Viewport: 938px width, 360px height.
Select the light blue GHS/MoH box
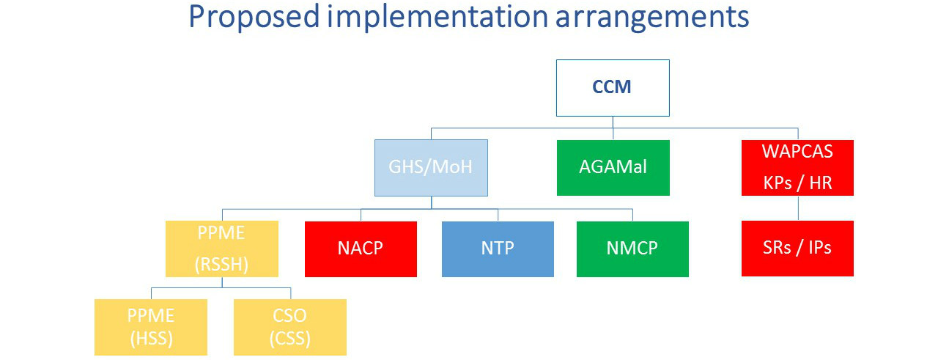click(x=431, y=168)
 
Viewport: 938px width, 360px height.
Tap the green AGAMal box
click(x=613, y=168)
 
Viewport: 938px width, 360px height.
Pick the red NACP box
click(x=361, y=249)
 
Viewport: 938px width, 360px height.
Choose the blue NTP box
click(x=498, y=249)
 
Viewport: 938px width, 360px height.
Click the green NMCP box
click(x=632, y=249)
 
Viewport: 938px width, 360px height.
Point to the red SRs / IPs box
click(x=797, y=249)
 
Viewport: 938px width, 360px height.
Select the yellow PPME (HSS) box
click(x=151, y=327)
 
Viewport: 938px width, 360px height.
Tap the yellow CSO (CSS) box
click(x=290, y=327)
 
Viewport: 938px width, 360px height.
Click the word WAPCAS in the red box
click(x=797, y=151)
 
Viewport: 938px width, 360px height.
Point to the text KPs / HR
click(x=797, y=183)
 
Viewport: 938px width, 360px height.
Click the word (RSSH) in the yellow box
click(x=221, y=265)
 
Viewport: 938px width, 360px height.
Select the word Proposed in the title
click(x=254, y=18)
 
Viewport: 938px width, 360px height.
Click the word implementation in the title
click(x=437, y=18)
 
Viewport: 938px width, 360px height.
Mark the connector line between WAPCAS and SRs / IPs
click(x=798, y=208)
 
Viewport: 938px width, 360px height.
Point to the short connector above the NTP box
click(x=498, y=215)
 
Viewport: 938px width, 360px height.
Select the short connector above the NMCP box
click(x=632, y=215)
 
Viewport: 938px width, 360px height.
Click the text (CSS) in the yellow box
click(x=290, y=339)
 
